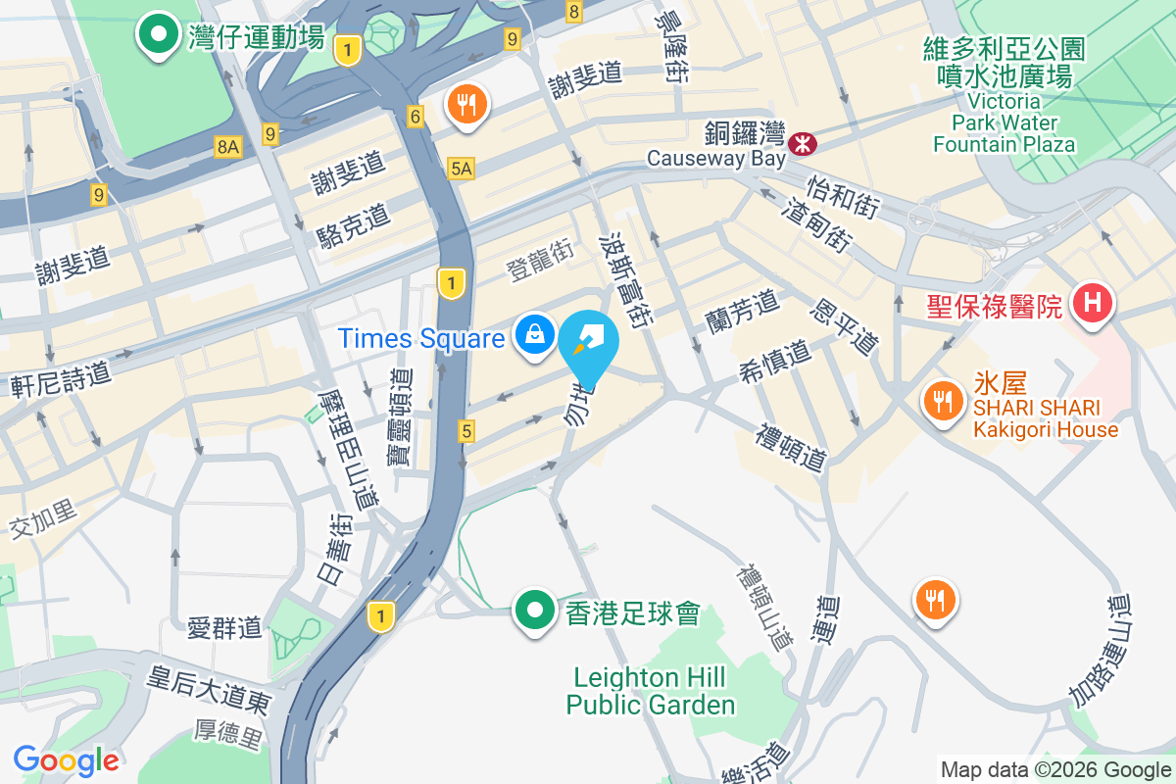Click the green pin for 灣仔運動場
pyautogui.click(x=156, y=35)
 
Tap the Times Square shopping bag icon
pyautogui.click(x=535, y=337)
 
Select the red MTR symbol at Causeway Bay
pyautogui.click(x=803, y=143)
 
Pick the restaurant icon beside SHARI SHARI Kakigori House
pyautogui.click(x=942, y=401)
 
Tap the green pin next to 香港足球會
pyautogui.click(x=535, y=611)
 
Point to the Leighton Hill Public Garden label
pyautogui.click(x=650, y=691)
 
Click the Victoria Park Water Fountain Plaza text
pyautogui.click(x=1004, y=122)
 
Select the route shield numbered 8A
pyautogui.click(x=227, y=147)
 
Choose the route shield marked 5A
pyautogui.click(x=462, y=169)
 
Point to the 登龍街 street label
pyautogui.click(x=540, y=262)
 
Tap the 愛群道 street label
pyautogui.click(x=225, y=627)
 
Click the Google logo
pyautogui.click(x=66, y=759)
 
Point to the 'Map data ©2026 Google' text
pyautogui.click(x=1055, y=770)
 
